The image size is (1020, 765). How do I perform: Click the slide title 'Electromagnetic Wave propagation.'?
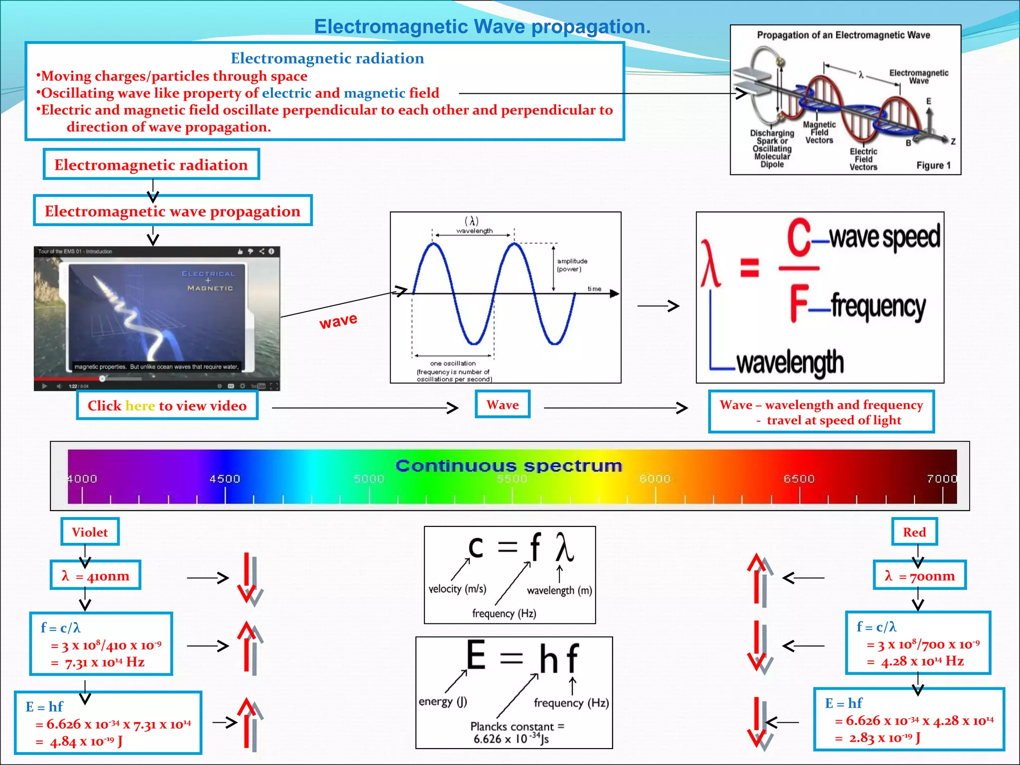[482, 27]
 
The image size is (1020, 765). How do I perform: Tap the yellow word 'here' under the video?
[140, 406]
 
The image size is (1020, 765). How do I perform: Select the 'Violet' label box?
[90, 532]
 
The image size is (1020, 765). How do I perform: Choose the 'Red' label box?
[914, 532]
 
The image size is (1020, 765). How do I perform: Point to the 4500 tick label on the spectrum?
[225, 479]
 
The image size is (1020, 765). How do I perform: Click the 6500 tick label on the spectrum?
[799, 479]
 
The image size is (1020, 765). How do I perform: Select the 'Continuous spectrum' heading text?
[509, 466]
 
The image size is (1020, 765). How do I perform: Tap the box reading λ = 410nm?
[95, 576]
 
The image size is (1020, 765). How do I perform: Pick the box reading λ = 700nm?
[919, 576]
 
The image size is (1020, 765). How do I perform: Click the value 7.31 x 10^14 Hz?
[105, 662]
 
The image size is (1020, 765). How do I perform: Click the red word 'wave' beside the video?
[338, 321]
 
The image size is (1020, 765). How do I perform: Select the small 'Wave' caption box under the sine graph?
[503, 404]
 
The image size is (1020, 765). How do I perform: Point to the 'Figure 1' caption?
[933, 165]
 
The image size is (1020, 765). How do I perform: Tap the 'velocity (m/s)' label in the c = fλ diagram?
[457, 589]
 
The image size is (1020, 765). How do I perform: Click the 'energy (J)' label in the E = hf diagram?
[443, 701]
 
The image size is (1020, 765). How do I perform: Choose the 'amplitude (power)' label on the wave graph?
[572, 265]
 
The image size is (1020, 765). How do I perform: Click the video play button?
[44, 386]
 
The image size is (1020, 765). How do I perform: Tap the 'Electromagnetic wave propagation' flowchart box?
[172, 211]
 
